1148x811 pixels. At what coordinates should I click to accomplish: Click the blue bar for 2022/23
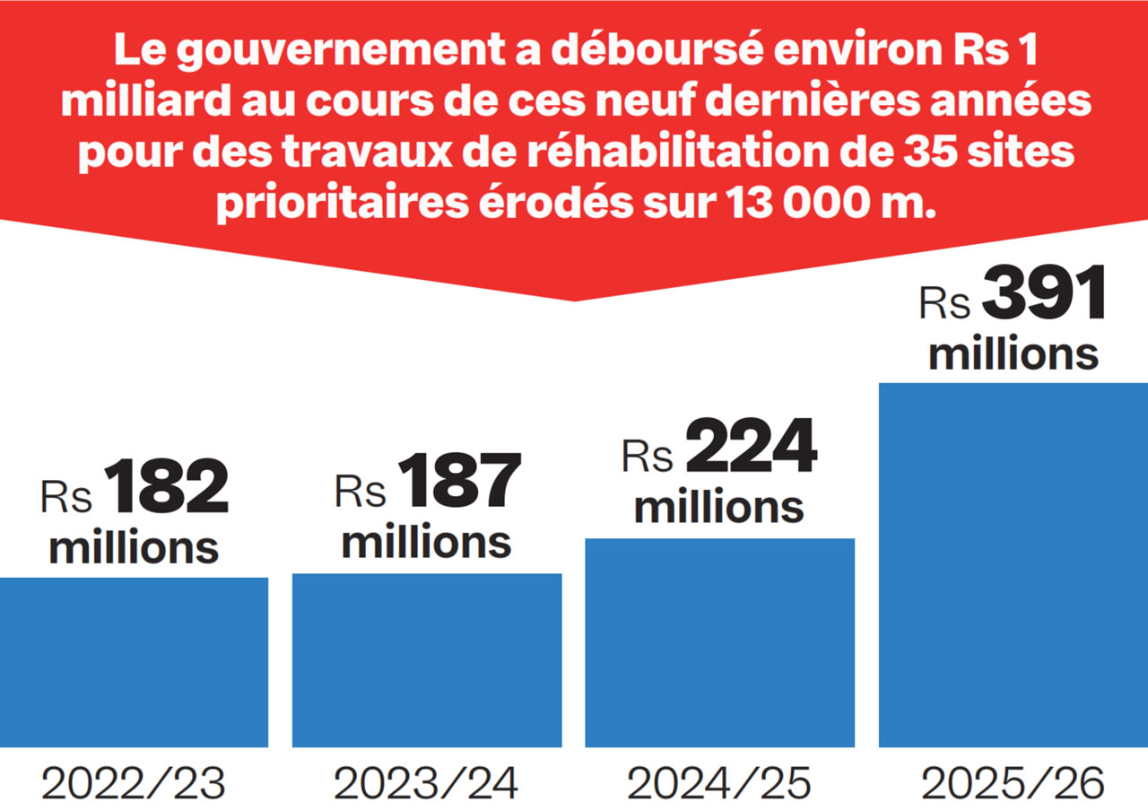coord(134,662)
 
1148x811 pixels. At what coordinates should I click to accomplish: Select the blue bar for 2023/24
coord(427,660)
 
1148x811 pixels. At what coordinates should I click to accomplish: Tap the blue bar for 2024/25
coord(719,642)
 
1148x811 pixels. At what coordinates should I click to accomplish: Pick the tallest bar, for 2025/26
coord(1013,565)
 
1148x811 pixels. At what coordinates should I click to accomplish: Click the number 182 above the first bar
coord(167,488)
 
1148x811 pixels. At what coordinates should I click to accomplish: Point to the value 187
coord(460,482)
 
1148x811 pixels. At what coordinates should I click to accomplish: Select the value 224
coord(752,447)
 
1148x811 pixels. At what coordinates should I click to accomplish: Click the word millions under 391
coord(1013,353)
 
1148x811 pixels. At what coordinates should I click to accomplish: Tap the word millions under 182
coord(134,547)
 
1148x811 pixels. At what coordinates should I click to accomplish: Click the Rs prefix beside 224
coord(648,457)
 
